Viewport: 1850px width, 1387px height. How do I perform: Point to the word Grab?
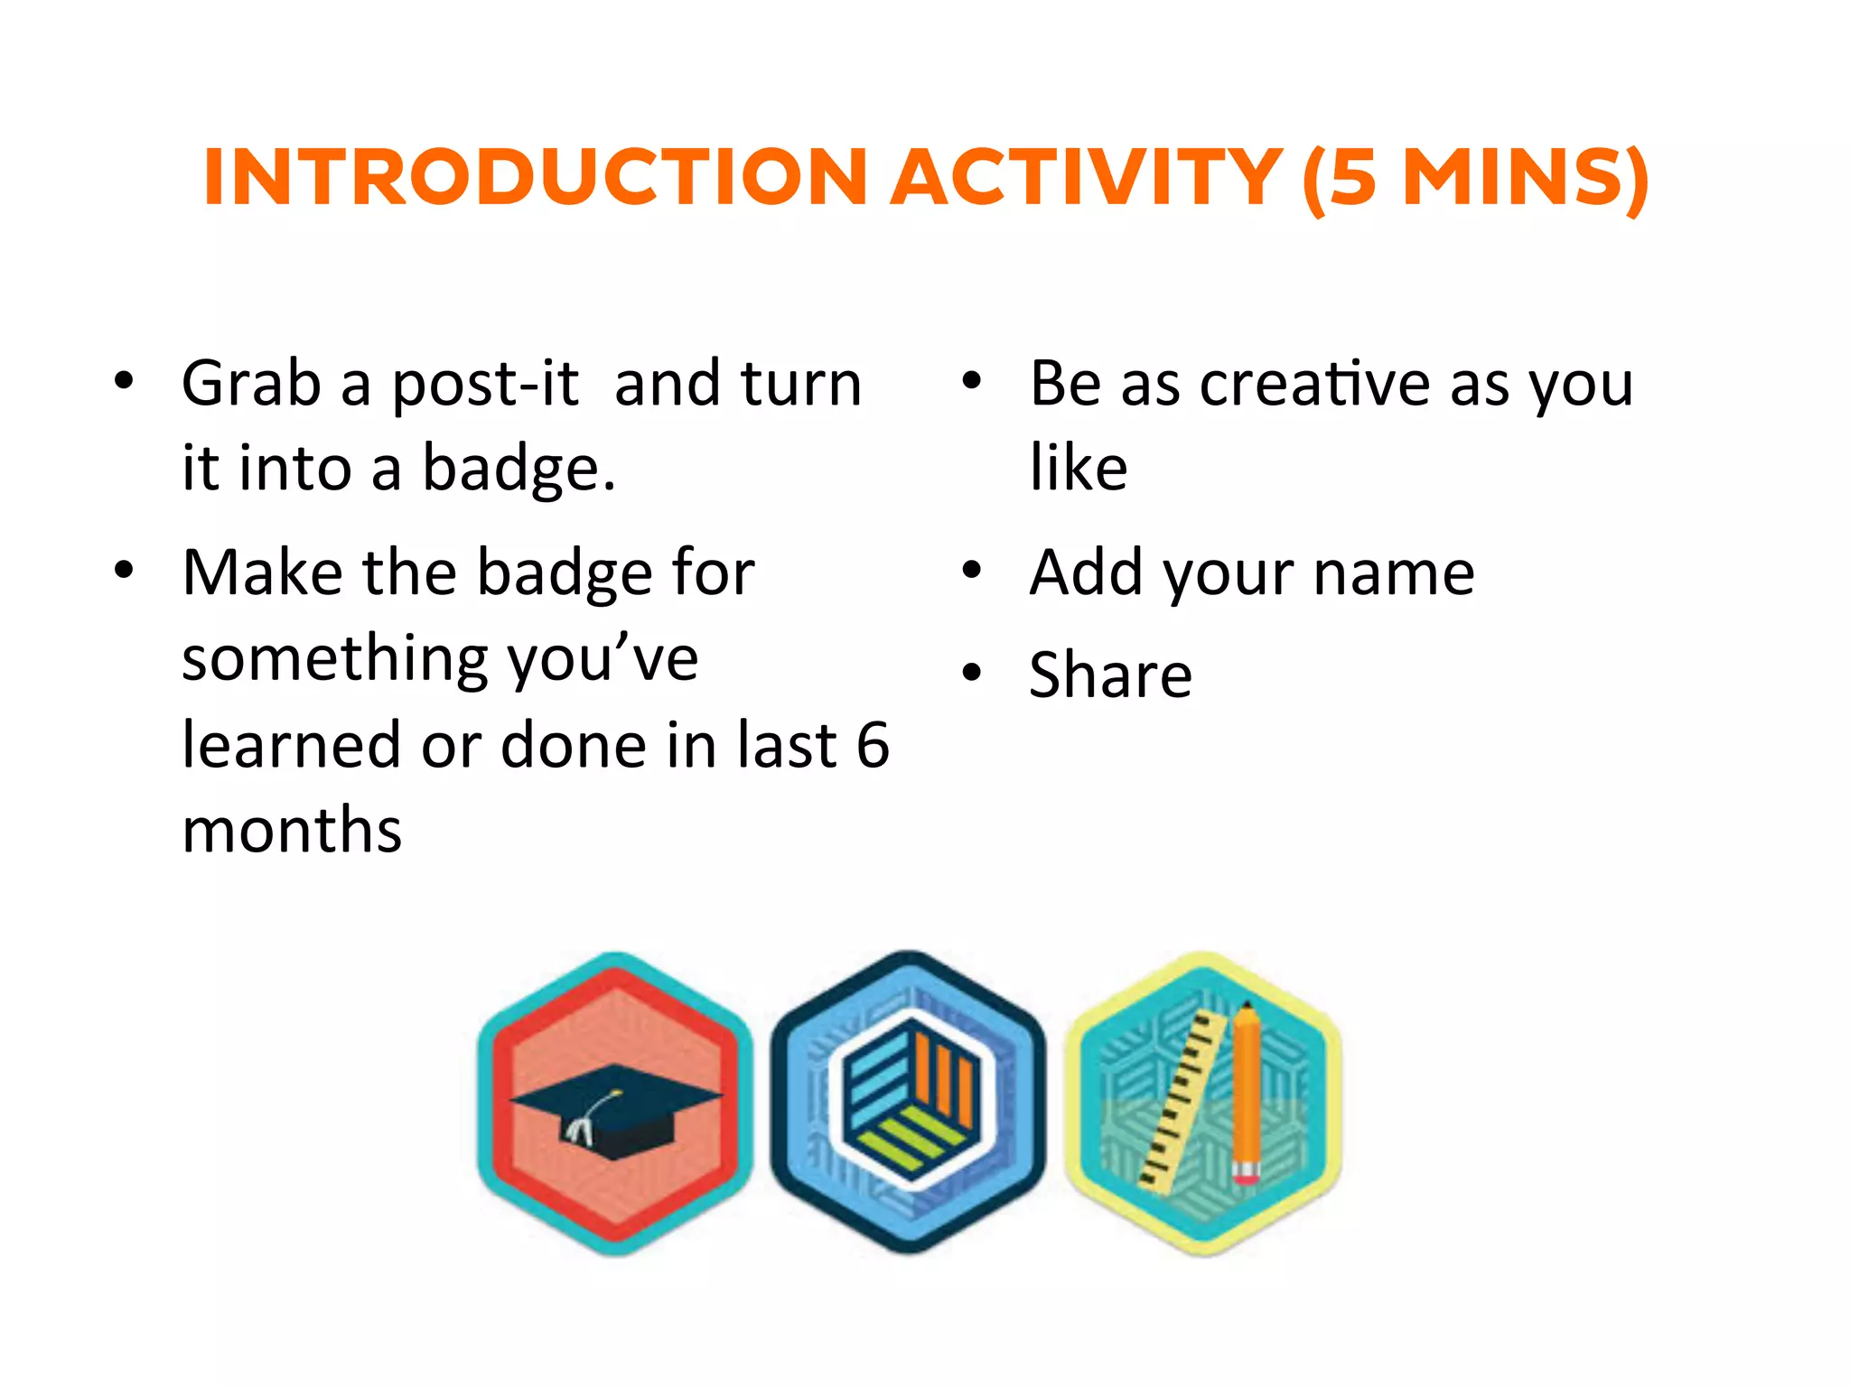point(251,384)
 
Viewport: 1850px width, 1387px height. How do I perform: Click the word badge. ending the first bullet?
point(519,470)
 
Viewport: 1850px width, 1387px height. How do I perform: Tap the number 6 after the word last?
point(872,745)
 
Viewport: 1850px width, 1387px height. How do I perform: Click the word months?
point(292,830)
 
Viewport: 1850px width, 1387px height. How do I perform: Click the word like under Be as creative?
point(1078,468)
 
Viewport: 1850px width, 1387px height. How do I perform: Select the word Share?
point(1110,675)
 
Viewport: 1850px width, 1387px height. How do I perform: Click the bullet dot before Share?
point(971,673)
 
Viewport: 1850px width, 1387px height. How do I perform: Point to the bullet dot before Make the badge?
point(124,571)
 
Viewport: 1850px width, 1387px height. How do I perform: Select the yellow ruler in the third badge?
point(1182,1098)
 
